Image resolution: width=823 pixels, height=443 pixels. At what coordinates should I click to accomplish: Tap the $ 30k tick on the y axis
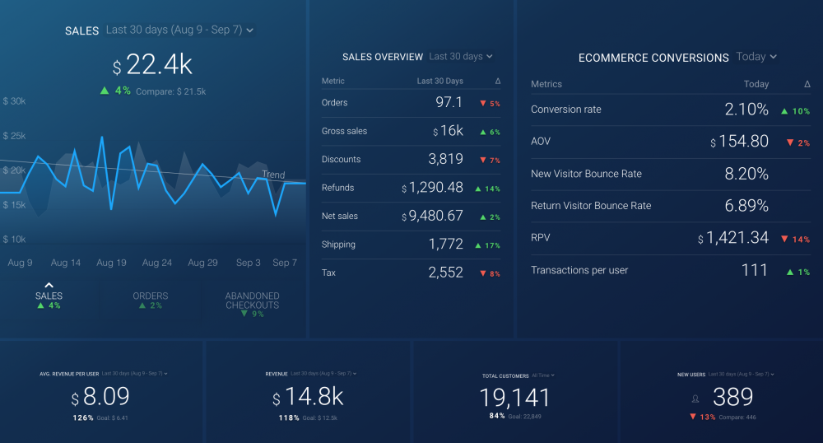click(15, 101)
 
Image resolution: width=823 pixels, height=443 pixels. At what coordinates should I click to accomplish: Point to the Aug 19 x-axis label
click(111, 263)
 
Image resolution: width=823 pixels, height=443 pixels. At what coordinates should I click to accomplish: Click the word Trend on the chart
click(273, 175)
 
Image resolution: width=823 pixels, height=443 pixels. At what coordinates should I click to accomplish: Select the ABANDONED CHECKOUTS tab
click(252, 301)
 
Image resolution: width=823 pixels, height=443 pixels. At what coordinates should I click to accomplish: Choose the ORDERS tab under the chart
click(150, 296)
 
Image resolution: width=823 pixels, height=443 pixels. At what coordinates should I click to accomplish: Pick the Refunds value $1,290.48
click(433, 188)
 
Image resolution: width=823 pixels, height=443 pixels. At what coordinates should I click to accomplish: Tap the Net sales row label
click(340, 216)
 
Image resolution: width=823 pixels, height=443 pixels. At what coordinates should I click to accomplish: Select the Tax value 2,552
click(446, 273)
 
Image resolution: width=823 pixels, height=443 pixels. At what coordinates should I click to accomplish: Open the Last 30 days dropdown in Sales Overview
click(460, 57)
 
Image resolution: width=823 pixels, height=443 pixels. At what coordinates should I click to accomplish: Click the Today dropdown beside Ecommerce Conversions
click(756, 57)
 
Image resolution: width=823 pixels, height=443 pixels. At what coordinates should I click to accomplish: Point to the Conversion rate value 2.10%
click(746, 110)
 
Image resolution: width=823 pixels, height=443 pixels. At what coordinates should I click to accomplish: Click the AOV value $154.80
click(740, 142)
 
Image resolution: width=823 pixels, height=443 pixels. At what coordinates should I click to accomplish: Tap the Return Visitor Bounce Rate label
click(591, 206)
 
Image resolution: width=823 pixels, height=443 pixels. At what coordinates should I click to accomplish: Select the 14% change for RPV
click(798, 239)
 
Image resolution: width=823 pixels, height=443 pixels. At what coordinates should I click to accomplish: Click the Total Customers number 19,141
click(514, 399)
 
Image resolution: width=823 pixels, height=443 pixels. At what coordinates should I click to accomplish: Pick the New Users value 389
click(732, 397)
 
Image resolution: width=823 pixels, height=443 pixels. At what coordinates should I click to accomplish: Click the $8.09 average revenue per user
click(100, 398)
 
